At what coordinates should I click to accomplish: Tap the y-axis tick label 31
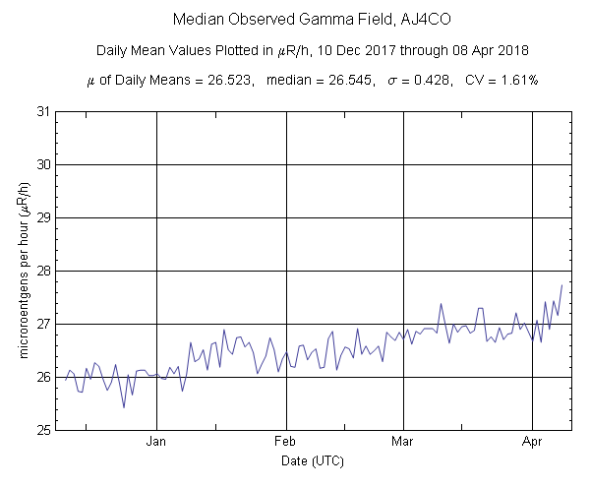click(43, 111)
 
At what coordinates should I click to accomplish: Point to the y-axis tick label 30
click(43, 164)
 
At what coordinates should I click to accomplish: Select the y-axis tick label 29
click(43, 217)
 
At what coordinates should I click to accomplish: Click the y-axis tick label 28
click(43, 271)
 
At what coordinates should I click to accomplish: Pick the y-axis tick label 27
click(43, 324)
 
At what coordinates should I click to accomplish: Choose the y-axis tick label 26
click(43, 377)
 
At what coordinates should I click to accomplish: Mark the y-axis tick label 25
click(43, 430)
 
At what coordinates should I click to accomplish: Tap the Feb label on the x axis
click(286, 443)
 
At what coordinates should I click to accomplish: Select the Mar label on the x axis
click(402, 443)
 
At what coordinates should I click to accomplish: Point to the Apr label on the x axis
click(532, 443)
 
